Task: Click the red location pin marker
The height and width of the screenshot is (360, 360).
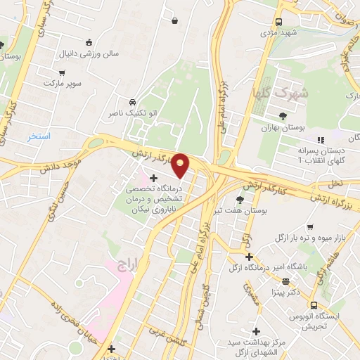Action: (181, 165)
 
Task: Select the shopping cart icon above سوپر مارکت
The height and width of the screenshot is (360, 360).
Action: (62, 72)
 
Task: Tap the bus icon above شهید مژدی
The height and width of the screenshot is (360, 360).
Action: (279, 21)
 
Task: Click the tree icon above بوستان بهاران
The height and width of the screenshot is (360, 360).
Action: (283, 116)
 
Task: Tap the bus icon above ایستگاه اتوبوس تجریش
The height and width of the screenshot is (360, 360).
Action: (314, 305)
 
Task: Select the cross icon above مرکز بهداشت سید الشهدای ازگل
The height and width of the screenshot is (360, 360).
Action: (256, 330)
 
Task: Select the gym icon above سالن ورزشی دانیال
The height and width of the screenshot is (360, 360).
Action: (89, 42)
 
